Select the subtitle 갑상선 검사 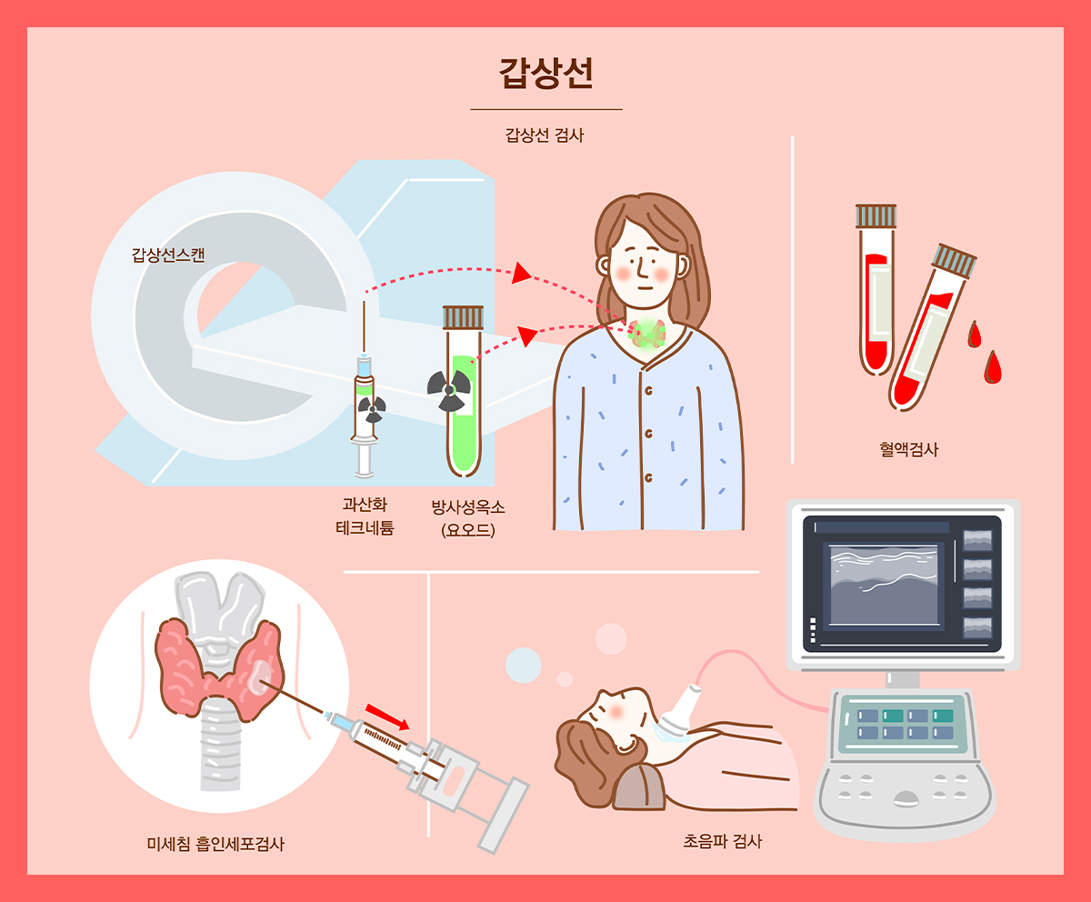pos(544,135)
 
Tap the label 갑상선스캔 pos(167,255)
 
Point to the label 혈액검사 pos(908,449)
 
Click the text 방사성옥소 pos(468,506)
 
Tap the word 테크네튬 pos(365,527)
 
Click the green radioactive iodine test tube pos(463,391)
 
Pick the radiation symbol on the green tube pos(449,390)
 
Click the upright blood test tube pos(876,289)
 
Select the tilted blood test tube pos(932,327)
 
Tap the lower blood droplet pos(993,367)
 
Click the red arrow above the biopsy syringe pos(387,717)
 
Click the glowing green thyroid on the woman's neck pos(648,335)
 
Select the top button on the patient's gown pos(648,390)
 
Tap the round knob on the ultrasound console pos(906,799)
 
